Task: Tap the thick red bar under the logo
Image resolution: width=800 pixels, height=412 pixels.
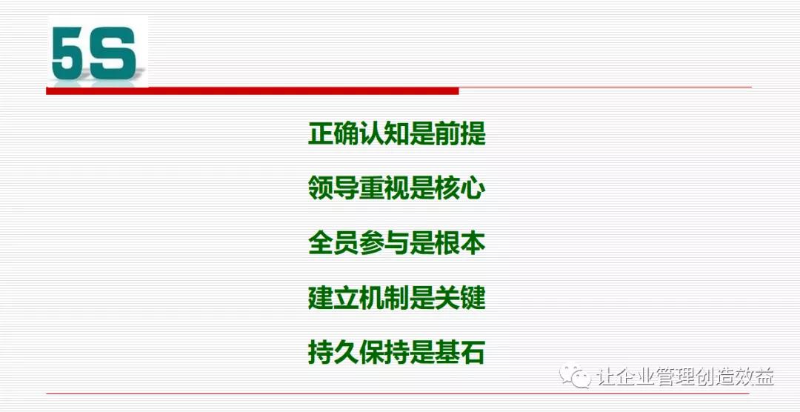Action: point(252,90)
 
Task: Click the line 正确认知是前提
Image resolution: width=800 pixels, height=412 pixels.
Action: point(396,135)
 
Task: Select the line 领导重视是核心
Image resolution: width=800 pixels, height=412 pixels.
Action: point(396,189)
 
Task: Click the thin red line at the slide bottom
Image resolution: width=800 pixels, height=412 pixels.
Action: point(400,393)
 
